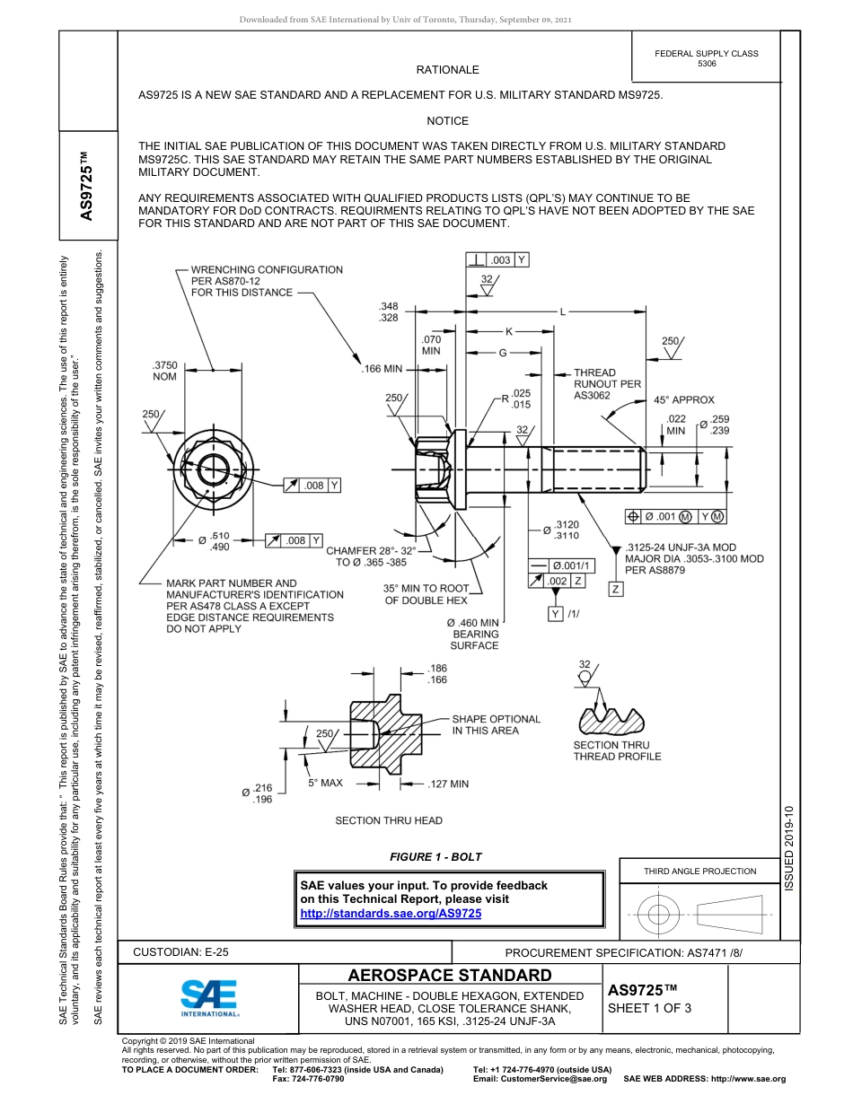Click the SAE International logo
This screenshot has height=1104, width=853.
[209, 996]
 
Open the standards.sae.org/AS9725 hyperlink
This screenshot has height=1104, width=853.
[391, 913]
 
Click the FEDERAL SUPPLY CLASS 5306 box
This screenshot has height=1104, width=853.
[706, 58]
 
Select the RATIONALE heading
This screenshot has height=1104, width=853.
[447, 70]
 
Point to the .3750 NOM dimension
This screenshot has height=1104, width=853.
[165, 371]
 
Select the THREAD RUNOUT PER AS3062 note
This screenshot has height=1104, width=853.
[607, 383]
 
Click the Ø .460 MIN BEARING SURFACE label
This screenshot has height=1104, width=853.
[473, 634]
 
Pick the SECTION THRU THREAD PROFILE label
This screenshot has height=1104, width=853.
[617, 750]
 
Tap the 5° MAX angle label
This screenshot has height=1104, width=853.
[325, 783]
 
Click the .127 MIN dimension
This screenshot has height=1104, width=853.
[448, 784]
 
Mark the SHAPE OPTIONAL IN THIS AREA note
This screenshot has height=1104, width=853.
[496, 724]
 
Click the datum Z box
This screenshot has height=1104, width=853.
[616, 590]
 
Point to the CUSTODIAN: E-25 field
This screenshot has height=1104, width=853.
[180, 952]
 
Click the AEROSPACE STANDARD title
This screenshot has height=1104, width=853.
[449, 976]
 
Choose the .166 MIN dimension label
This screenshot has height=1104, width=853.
[382, 369]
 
